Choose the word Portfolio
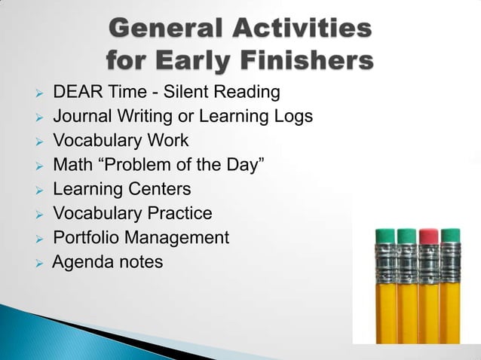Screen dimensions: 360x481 point(86,237)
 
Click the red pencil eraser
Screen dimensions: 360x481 point(429,236)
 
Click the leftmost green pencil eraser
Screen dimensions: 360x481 point(385,236)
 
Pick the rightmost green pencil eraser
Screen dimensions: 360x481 point(451,236)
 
